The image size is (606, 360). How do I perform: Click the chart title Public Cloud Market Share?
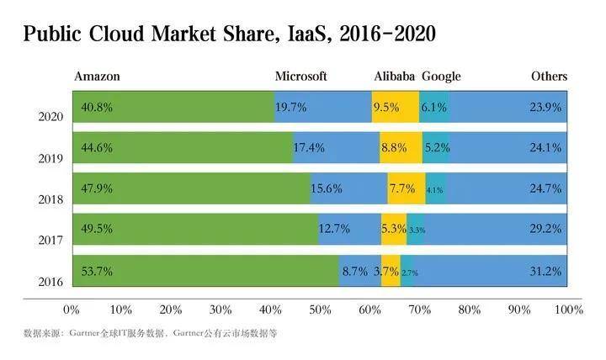pyautogui.click(x=229, y=34)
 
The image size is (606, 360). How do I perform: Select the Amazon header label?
pyautogui.click(x=98, y=77)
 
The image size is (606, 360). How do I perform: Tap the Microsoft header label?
pyautogui.click(x=301, y=77)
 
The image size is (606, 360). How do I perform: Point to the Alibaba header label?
pyautogui.click(x=395, y=77)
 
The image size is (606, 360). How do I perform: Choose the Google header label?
pyautogui.click(x=441, y=77)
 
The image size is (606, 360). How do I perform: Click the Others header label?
pyautogui.click(x=549, y=77)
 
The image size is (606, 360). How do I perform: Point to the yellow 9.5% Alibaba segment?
pyautogui.click(x=395, y=108)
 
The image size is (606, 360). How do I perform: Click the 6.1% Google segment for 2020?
pyautogui.click(x=434, y=108)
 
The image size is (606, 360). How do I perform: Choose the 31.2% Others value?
pyautogui.click(x=545, y=271)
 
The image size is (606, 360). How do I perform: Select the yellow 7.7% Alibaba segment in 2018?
pyautogui.click(x=403, y=189)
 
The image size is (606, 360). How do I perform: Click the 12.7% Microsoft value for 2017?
pyautogui.click(x=335, y=230)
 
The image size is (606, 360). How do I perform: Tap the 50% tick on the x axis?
pyautogui.click(x=321, y=310)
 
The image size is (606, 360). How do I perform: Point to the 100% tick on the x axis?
pyautogui.click(x=567, y=310)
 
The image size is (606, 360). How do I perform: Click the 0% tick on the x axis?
pyautogui.click(x=72, y=310)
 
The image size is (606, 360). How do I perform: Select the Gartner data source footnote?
pyautogui.click(x=150, y=333)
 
